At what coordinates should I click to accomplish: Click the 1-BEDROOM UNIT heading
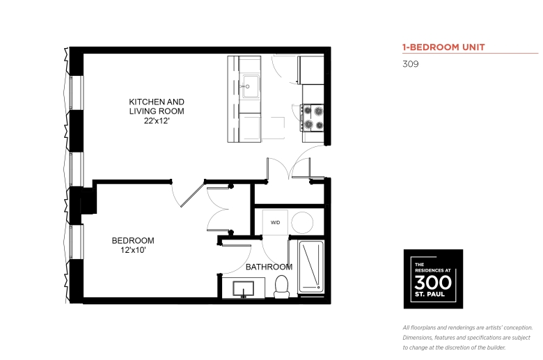coord(443,47)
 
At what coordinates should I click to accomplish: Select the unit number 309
coord(410,64)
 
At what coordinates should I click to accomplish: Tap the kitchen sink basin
coord(250,86)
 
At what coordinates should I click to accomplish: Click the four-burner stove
coord(313,118)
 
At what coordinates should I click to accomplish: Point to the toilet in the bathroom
coord(281,287)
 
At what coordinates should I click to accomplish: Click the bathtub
coord(311,267)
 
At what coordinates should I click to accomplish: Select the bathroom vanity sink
coord(243,288)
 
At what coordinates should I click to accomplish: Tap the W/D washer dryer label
coord(275,222)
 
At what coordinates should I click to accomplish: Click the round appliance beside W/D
coord(302,222)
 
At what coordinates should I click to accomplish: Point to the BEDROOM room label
coord(133,240)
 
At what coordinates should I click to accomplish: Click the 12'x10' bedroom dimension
coord(133,250)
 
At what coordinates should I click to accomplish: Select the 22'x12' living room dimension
coord(157,121)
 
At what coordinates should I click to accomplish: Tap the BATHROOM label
coord(269,267)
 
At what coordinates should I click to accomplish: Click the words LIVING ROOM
coord(157,111)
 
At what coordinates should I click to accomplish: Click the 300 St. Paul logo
coord(433,279)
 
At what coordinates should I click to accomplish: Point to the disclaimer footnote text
coord(468,338)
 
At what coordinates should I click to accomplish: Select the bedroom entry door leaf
coord(193,194)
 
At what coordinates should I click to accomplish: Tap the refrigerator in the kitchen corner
coord(311,70)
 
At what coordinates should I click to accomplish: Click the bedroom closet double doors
coord(219,210)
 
